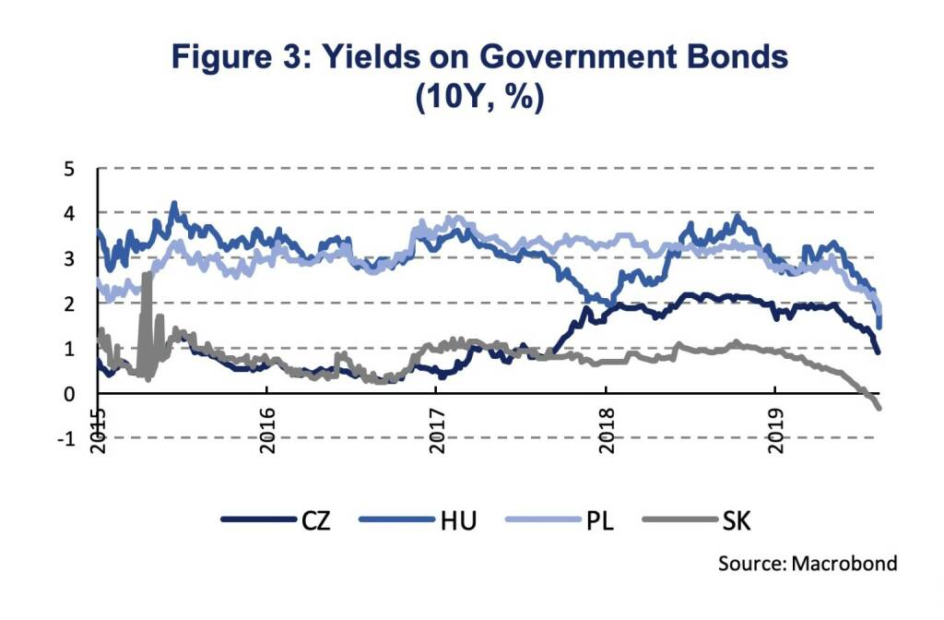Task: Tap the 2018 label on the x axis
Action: pos(607,425)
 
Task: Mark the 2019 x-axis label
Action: pos(776,425)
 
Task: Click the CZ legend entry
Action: pos(315,521)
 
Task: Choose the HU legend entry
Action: pos(458,521)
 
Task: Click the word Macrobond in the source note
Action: pos(845,563)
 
